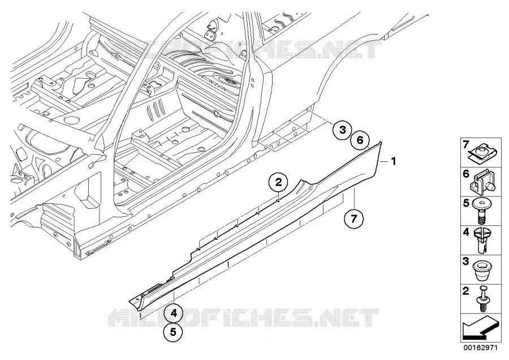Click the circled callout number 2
click(278, 182)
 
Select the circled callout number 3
click(343, 130)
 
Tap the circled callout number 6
click(360, 140)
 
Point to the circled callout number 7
click(353, 218)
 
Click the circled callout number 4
click(174, 314)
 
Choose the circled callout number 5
click(172, 332)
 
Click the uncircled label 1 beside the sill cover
click(394, 161)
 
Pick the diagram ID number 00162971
click(480, 348)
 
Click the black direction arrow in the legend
click(480, 328)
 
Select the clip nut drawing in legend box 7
click(481, 152)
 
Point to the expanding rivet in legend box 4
click(482, 241)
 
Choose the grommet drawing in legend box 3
click(481, 271)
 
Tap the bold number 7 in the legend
click(466, 144)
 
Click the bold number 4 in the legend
click(466, 232)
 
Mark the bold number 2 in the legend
click(466, 291)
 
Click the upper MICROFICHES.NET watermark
click(246, 49)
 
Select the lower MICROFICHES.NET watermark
click(243, 318)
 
